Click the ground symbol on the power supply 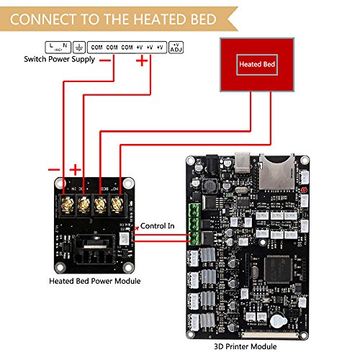click(x=78, y=47)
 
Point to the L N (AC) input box click(x=58, y=47)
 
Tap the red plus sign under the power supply click(x=142, y=62)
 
